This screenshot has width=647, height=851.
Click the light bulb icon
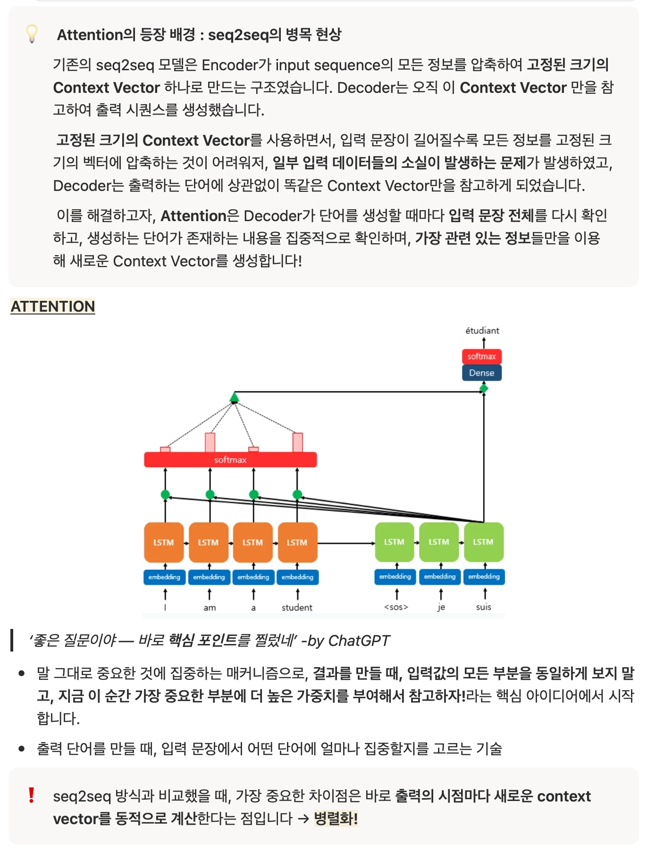pyautogui.click(x=32, y=33)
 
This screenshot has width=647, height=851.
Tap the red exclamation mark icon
pyautogui.click(x=31, y=795)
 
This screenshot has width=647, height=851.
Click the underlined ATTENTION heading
pyautogui.click(x=53, y=306)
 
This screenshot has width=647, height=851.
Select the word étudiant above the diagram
pyautogui.click(x=482, y=330)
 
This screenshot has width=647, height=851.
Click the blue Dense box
pyautogui.click(x=481, y=372)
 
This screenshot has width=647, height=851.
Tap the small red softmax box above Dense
pyautogui.click(x=481, y=356)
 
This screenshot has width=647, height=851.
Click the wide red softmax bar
pyautogui.click(x=230, y=460)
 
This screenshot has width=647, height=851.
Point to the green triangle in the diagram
pyautogui.click(x=235, y=397)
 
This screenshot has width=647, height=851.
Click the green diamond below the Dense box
pyautogui.click(x=484, y=388)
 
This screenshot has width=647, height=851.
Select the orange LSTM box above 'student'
pyautogui.click(x=297, y=542)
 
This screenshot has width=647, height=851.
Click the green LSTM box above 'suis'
pyautogui.click(x=483, y=542)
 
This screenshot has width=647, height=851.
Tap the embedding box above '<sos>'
pyautogui.click(x=395, y=577)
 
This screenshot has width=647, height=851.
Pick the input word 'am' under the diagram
pyautogui.click(x=210, y=608)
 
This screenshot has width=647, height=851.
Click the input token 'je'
pyautogui.click(x=441, y=607)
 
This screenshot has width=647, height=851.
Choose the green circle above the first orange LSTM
pyautogui.click(x=165, y=495)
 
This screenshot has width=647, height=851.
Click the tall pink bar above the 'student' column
pyautogui.click(x=297, y=442)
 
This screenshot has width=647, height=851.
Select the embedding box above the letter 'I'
pyautogui.click(x=164, y=577)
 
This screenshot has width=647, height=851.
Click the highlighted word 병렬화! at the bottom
pyautogui.click(x=336, y=818)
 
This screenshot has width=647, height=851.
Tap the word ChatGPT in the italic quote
pyautogui.click(x=359, y=641)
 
